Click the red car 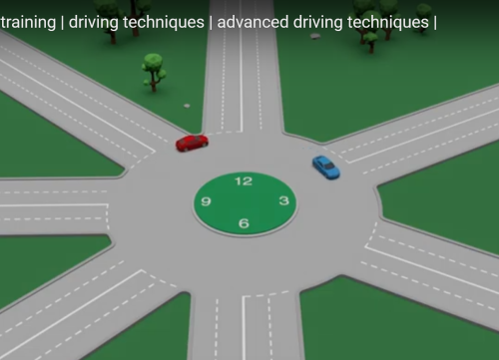pos(192,143)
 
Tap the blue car pos(325,167)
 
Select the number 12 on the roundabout pos(244,181)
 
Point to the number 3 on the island pos(283,201)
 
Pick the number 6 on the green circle pos(244,222)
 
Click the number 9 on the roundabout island pos(206,201)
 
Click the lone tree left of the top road pos(154,69)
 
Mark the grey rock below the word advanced pos(315,36)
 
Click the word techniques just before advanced pos(166,20)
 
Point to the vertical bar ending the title pos(434,20)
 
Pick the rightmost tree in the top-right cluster pos(423,17)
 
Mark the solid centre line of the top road pos(241,70)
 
